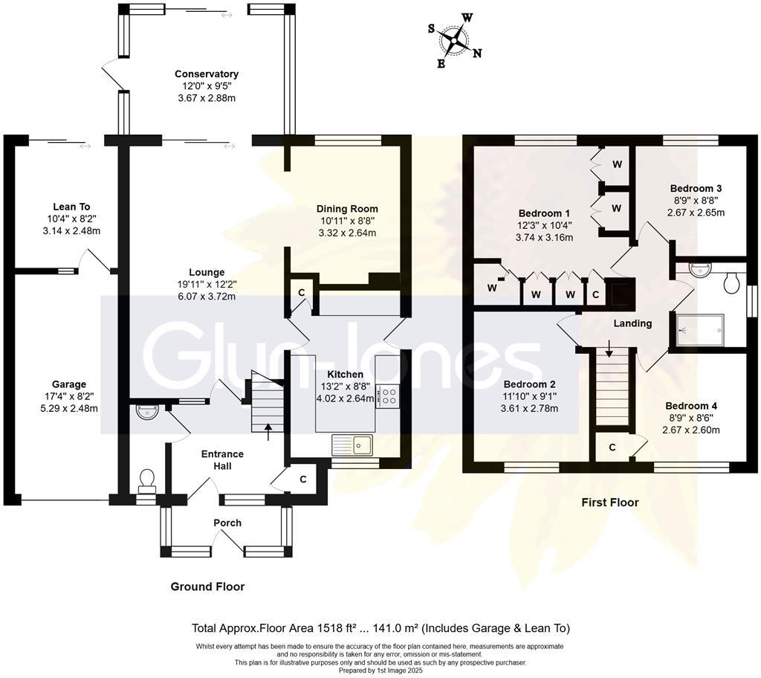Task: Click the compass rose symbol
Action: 454,40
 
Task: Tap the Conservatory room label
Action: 207,74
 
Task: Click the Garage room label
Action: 69,384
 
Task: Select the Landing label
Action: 632,323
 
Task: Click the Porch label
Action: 227,523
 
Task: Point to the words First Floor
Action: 609,503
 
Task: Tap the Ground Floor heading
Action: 207,587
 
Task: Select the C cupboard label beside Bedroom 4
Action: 612,448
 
